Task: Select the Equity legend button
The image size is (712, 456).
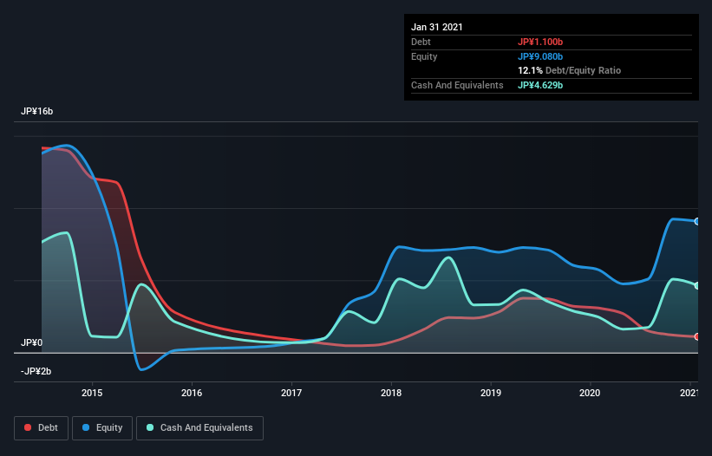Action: [x=102, y=427]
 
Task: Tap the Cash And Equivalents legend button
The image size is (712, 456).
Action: [x=199, y=427]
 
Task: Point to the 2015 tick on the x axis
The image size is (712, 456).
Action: [x=92, y=393]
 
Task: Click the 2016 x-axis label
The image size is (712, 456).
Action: [x=192, y=393]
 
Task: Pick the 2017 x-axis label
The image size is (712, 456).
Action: [x=291, y=393]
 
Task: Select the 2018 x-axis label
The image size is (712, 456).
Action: [x=391, y=393]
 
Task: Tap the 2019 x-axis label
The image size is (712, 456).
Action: [x=491, y=393]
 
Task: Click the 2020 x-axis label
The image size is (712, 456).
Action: [x=591, y=393]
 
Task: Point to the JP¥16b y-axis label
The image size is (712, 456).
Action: [x=37, y=112]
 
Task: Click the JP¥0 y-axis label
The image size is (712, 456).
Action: [x=32, y=343]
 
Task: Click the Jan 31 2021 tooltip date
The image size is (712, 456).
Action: [x=437, y=27]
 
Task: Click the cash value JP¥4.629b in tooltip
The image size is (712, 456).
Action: [x=540, y=86]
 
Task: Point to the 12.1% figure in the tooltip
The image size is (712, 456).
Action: [x=530, y=70]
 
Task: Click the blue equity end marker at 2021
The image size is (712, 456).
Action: [x=696, y=221]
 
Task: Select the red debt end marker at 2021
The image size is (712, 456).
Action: [x=696, y=336]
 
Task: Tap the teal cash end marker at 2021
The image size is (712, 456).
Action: [x=696, y=285]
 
